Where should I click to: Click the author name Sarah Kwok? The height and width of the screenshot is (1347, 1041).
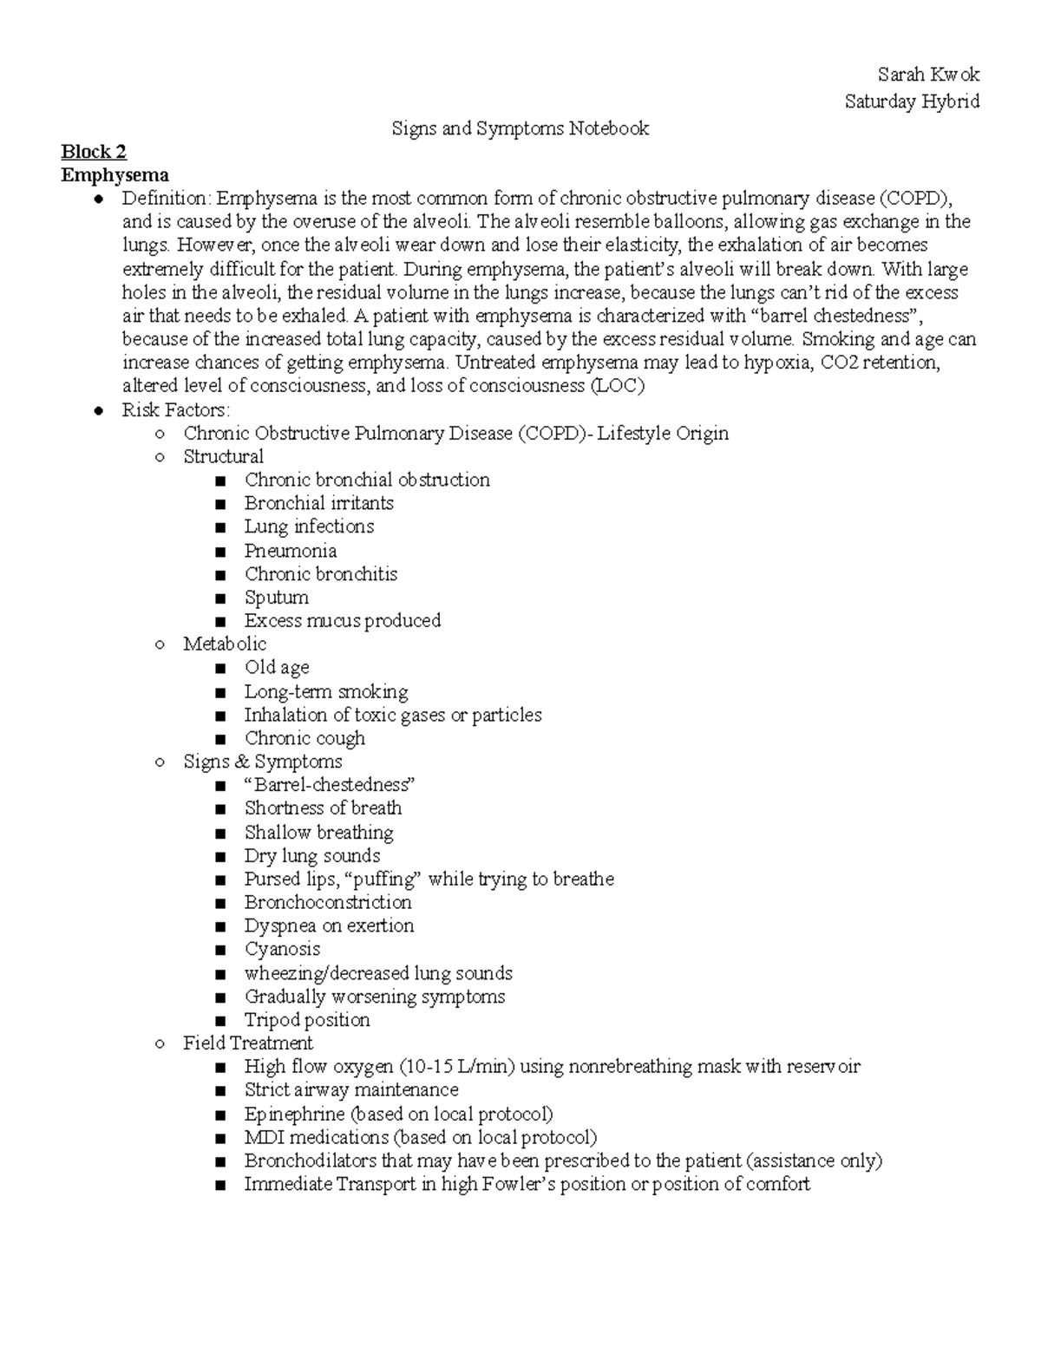[928, 75]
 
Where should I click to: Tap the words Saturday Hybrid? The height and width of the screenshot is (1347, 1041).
[912, 101]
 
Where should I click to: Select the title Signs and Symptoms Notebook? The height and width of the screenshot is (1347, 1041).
[520, 129]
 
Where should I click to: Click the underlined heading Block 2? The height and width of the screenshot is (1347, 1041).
[94, 152]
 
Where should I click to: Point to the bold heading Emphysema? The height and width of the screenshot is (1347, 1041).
[114, 175]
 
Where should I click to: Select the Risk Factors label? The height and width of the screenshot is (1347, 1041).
[175, 409]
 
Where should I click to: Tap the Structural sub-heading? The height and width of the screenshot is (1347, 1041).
[223, 456]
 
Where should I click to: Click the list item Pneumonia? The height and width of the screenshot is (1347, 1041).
[290, 551]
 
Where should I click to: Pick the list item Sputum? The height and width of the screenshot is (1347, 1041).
[276, 598]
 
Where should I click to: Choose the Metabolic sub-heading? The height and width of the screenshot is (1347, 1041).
[225, 644]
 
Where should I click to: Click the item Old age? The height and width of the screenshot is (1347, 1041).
[276, 667]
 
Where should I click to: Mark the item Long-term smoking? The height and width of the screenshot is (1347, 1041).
[325, 691]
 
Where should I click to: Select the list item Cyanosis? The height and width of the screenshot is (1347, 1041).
[282, 949]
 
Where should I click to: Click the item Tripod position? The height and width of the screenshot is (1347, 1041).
[307, 1020]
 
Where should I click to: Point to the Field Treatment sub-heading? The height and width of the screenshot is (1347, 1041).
[247, 1043]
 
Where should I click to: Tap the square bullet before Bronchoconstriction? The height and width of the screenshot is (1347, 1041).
[222, 903]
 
